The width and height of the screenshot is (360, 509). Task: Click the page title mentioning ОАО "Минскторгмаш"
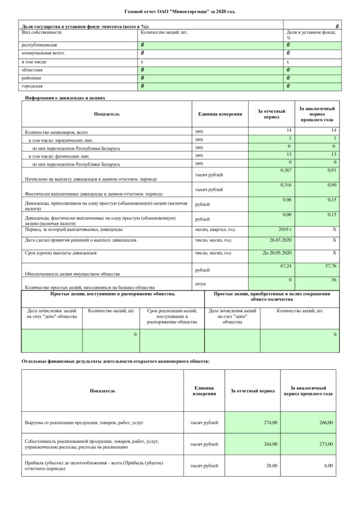(x=180, y=10)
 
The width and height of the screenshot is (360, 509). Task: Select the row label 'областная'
(x=31, y=70)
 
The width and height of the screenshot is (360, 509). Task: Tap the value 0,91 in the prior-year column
(x=331, y=170)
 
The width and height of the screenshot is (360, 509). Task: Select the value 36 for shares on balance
(x=334, y=280)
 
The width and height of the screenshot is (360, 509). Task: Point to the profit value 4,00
(x=328, y=465)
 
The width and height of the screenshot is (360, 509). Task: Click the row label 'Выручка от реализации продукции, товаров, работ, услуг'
(x=84, y=423)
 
